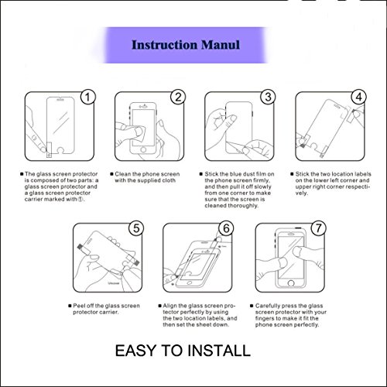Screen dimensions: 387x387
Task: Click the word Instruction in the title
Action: point(164,45)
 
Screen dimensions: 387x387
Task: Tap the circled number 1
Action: point(87,98)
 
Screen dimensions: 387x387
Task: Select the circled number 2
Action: point(178,98)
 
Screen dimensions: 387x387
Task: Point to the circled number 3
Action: point(268,98)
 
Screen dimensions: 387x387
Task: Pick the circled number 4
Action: point(358,98)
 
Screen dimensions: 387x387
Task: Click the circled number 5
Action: point(136,228)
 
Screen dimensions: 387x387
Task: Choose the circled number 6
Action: point(226,228)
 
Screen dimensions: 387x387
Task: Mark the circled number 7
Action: point(318,228)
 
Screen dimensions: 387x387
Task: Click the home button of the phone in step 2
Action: point(143,150)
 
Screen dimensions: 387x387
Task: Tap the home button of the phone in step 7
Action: point(291,283)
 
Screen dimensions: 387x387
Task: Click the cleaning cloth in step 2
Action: point(140,134)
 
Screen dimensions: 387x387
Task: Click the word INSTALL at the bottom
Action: point(219,351)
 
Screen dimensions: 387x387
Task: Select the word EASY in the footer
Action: point(135,351)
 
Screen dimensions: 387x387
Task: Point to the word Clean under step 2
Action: point(123,174)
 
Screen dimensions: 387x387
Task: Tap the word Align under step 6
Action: point(170,306)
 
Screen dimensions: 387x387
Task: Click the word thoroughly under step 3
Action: point(245,206)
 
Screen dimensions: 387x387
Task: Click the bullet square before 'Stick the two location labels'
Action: point(292,174)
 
